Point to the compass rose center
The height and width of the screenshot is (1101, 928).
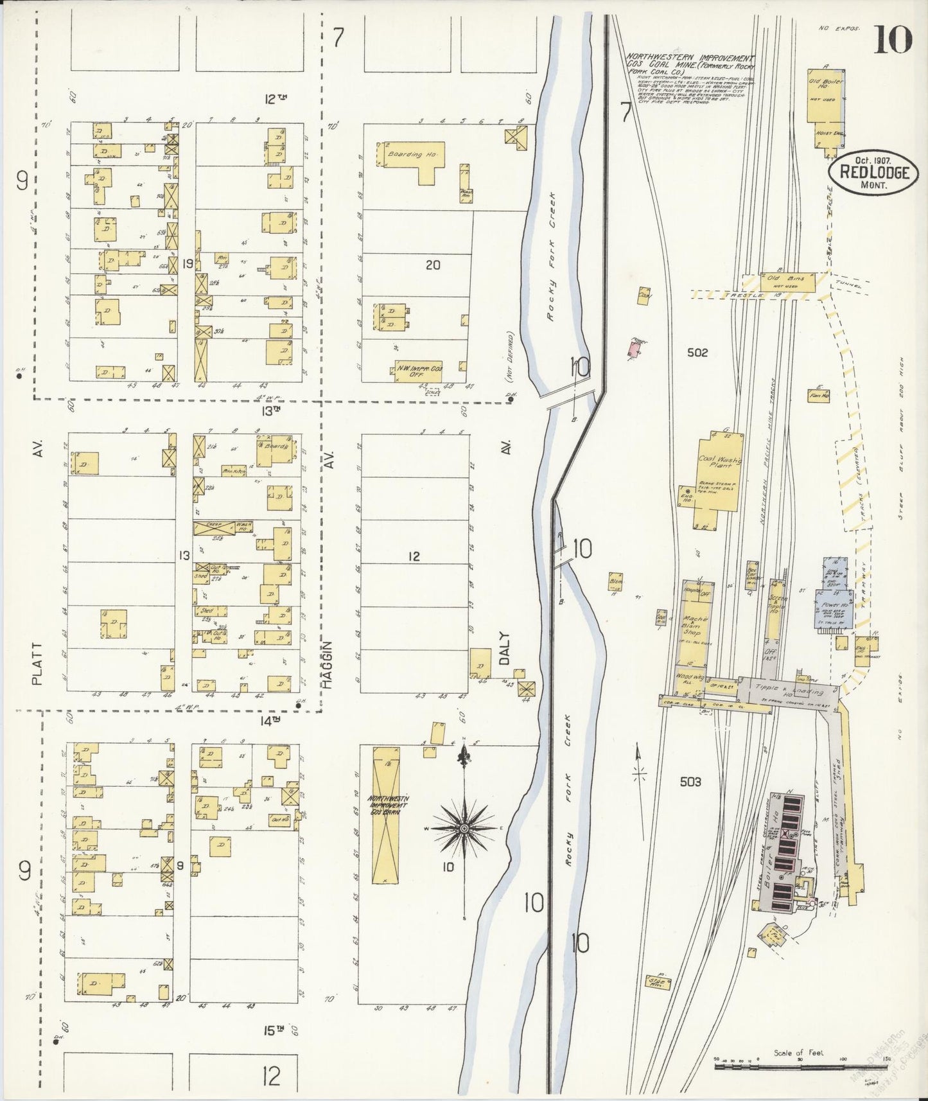464,829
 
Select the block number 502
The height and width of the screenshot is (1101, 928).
696,353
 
